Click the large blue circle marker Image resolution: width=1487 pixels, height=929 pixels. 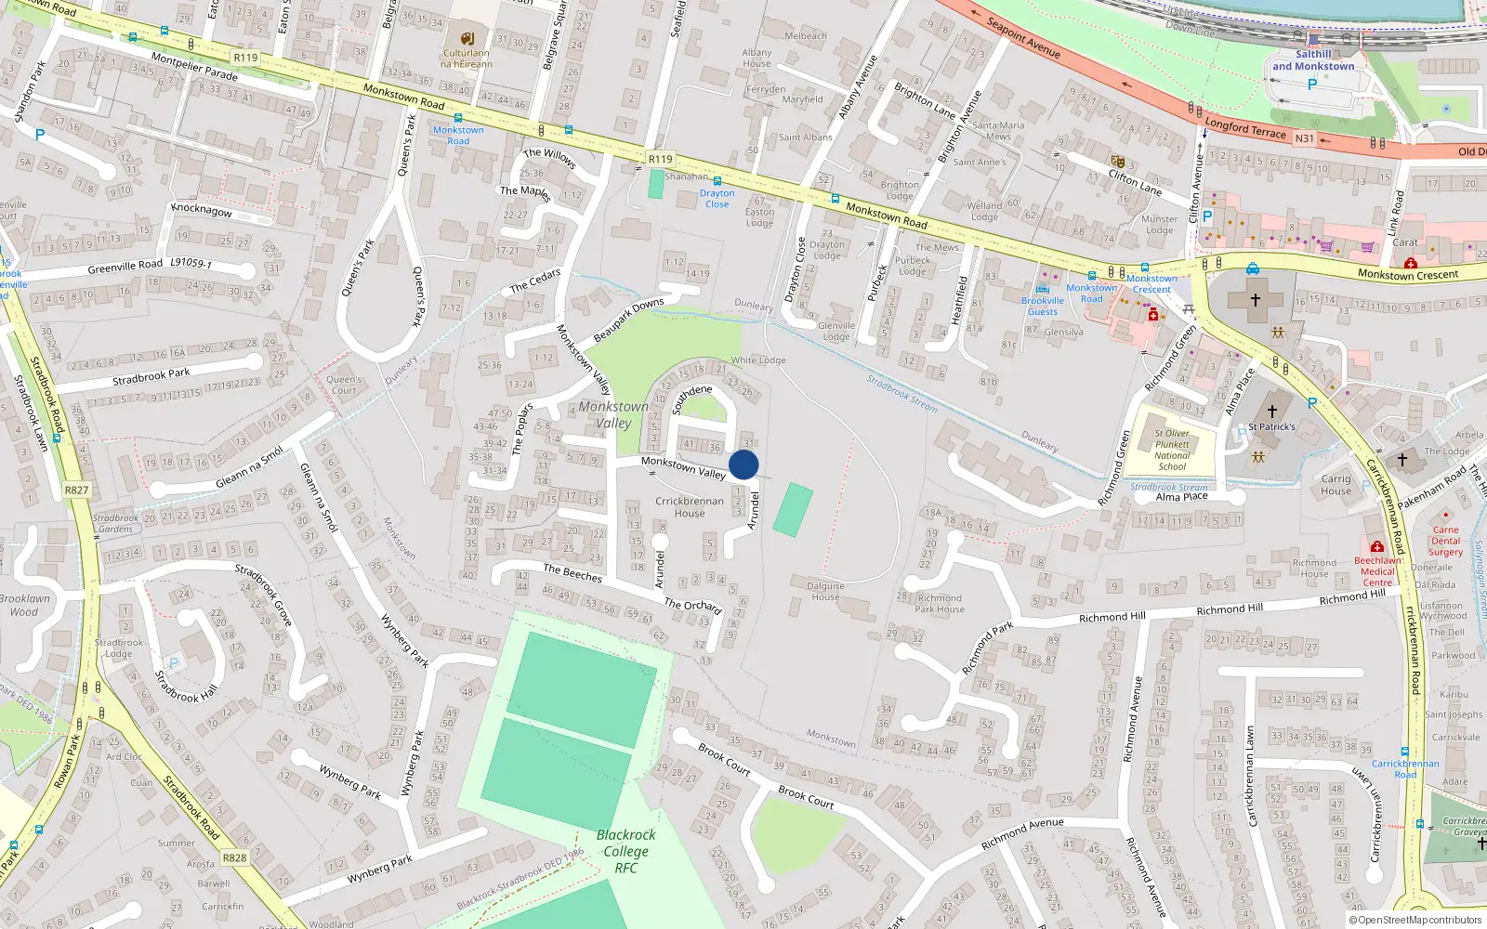point(743,464)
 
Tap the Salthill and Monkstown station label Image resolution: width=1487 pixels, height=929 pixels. point(1313,60)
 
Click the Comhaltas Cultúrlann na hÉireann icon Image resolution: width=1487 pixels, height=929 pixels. point(467,39)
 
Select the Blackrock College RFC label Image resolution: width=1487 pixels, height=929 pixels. point(625,851)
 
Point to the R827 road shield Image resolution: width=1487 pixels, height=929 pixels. point(76,490)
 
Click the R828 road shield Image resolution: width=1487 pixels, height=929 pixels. point(234,857)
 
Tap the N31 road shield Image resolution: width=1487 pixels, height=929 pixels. point(1305,138)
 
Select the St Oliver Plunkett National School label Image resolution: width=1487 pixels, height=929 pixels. point(1172,450)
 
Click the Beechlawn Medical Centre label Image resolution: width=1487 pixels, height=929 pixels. point(1377,571)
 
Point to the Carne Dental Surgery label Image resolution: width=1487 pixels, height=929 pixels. point(1445,541)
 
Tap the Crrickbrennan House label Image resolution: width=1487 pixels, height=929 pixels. point(689,506)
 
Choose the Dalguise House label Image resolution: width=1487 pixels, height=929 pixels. point(825,591)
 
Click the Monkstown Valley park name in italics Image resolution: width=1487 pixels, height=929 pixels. point(613,414)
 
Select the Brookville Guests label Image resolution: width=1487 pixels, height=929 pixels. point(1042,306)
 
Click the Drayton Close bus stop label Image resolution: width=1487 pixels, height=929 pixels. point(717,199)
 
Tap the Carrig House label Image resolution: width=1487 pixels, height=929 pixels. point(1336,485)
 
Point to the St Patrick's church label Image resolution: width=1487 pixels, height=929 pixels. point(1271,426)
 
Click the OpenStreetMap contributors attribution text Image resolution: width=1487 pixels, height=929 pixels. point(1415,920)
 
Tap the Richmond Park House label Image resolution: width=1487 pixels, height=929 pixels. point(940,604)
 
